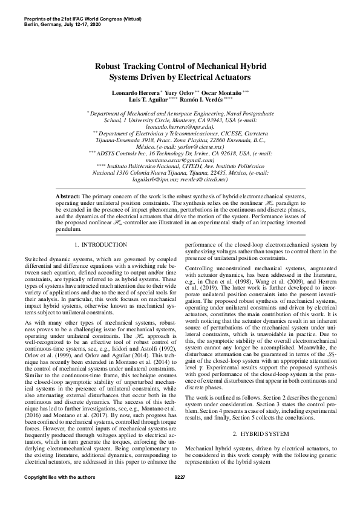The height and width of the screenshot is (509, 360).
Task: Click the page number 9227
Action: click(x=180, y=494)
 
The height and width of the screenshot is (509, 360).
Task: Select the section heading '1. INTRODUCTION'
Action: click(x=100, y=245)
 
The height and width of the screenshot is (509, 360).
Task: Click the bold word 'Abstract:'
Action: click(x=68, y=197)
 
